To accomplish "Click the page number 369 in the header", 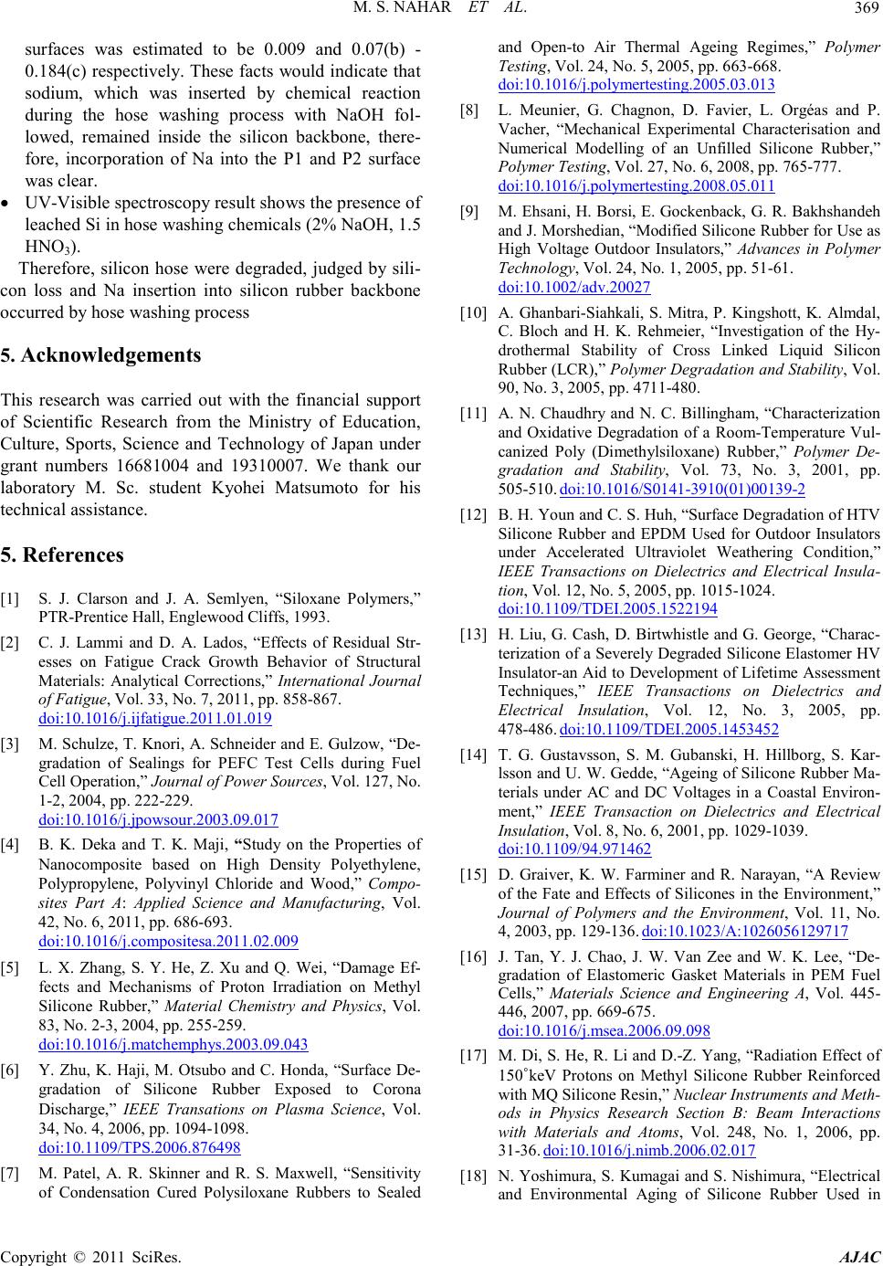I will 864,10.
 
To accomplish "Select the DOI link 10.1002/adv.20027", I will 574,286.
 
